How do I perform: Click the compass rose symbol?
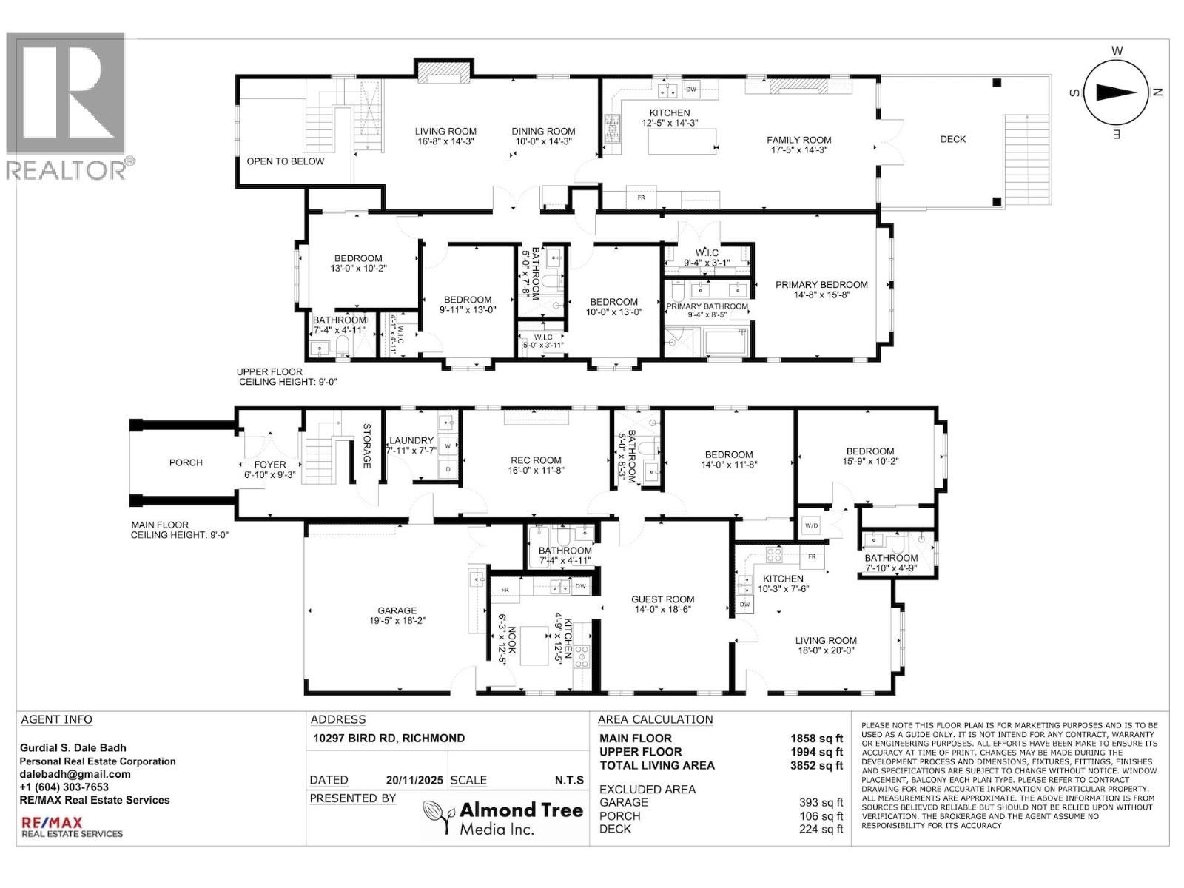[x=1116, y=92]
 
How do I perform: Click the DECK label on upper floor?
[x=952, y=139]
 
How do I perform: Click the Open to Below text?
[x=285, y=161]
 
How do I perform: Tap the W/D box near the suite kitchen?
[x=811, y=526]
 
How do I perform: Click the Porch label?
[x=186, y=462]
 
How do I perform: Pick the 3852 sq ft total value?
[x=816, y=766]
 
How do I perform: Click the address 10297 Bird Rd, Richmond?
[x=388, y=739]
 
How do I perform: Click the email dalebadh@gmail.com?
[x=75, y=774]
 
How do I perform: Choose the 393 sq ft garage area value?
[x=821, y=803]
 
